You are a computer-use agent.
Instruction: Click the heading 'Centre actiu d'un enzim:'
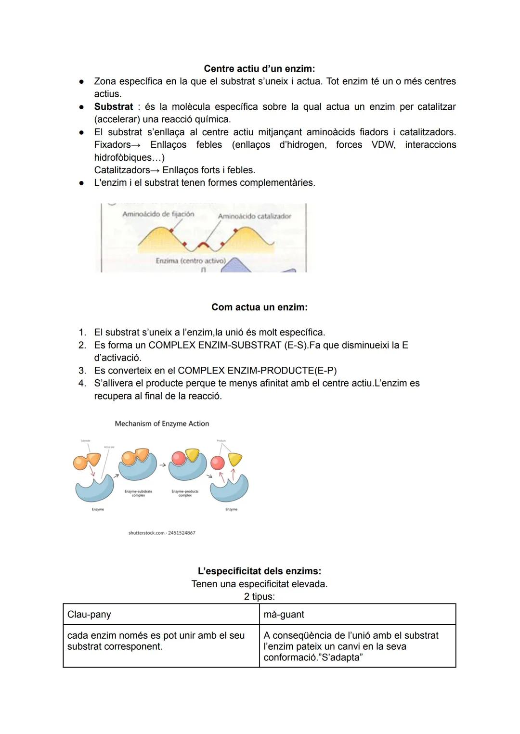click(260, 69)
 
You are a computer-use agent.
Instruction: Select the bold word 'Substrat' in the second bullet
click(114, 107)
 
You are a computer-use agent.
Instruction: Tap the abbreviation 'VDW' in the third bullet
click(383, 145)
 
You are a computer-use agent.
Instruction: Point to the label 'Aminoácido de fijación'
click(158, 214)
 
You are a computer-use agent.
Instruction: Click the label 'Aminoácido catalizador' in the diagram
click(254, 217)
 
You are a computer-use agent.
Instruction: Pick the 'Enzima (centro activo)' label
click(190, 261)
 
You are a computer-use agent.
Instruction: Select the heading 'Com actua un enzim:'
click(260, 307)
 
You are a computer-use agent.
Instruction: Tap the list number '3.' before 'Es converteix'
click(82, 371)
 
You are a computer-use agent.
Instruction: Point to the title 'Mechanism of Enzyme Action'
click(162, 424)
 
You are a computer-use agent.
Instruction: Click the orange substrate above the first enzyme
click(87, 461)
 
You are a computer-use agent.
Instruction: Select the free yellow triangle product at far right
click(235, 459)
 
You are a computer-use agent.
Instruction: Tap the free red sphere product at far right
click(218, 463)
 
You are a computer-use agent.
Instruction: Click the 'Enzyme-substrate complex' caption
click(138, 493)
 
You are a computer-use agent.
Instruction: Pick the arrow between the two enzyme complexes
click(163, 465)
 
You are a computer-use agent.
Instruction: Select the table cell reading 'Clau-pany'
click(89, 615)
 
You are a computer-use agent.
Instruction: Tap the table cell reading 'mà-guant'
click(284, 615)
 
